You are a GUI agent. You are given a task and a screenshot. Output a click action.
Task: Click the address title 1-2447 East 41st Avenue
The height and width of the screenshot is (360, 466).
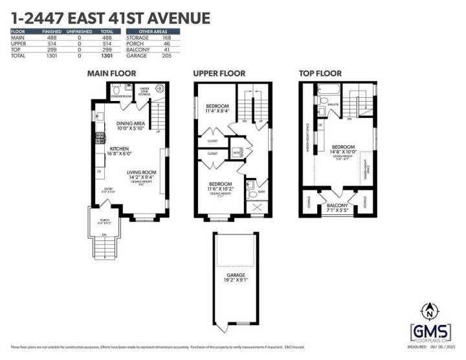pyautogui.click(x=110, y=17)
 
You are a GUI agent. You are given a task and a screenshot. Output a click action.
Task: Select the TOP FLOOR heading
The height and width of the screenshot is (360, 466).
pyautogui.click(x=324, y=74)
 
